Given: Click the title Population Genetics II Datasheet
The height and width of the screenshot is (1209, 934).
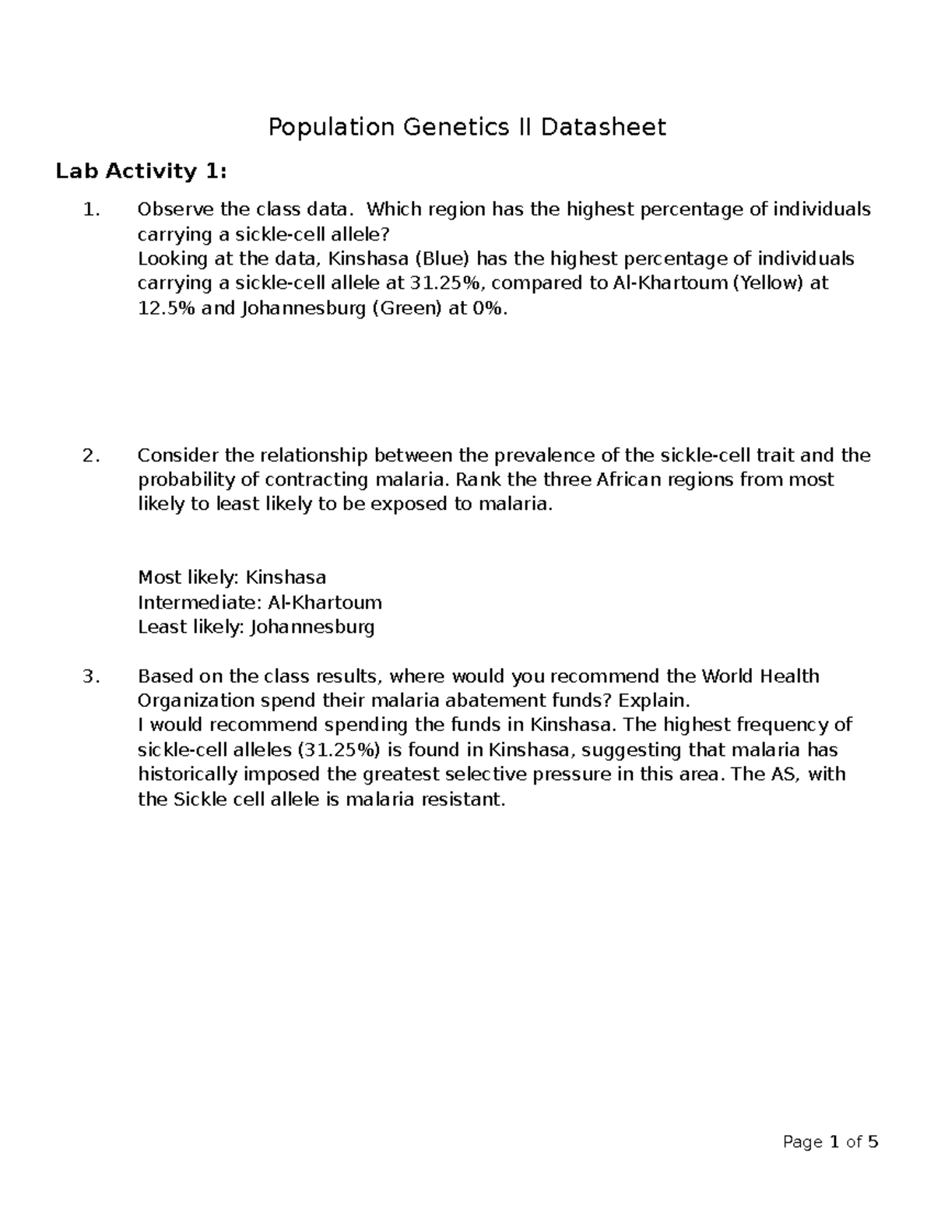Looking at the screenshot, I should pyautogui.click(x=467, y=127).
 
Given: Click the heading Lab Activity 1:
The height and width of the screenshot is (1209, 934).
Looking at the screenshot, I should pyautogui.click(x=141, y=171).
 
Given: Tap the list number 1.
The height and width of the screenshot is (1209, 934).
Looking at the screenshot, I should pyautogui.click(x=91, y=209).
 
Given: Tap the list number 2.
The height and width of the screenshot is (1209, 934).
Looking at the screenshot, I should pyautogui.click(x=91, y=455).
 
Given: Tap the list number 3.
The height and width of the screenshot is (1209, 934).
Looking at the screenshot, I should pyautogui.click(x=91, y=677).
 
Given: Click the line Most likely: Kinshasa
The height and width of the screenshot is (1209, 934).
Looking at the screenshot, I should pyautogui.click(x=232, y=578).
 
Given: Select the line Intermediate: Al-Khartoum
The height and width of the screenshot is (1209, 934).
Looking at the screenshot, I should pyautogui.click(x=260, y=603).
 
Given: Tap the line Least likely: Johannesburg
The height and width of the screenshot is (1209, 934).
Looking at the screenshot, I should pyautogui.click(x=256, y=627).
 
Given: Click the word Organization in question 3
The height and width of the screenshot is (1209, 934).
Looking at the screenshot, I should pyautogui.click(x=196, y=701).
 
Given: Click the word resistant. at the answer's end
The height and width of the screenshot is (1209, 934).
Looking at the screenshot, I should pyautogui.click(x=463, y=800).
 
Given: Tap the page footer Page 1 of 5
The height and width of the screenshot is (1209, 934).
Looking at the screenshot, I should pyautogui.click(x=830, y=1143).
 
